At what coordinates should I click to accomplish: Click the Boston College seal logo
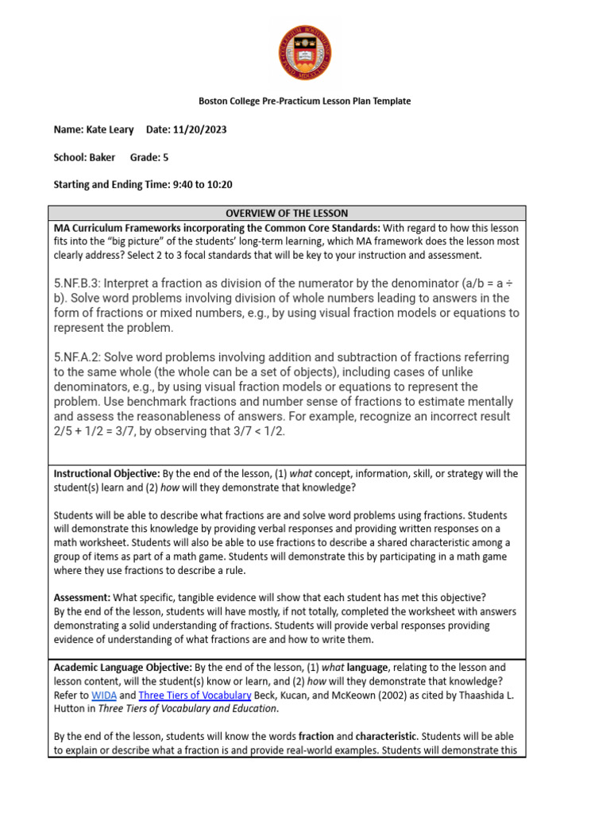304,52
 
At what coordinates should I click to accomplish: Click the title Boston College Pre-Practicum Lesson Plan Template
304,101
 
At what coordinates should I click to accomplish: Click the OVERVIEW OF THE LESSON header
287,214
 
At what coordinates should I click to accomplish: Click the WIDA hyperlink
103,695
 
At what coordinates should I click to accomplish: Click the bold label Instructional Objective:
106,474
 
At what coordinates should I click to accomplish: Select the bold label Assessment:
82,598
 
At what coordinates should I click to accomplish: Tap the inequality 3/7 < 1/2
257,431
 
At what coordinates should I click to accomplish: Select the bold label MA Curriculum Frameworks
114,229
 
